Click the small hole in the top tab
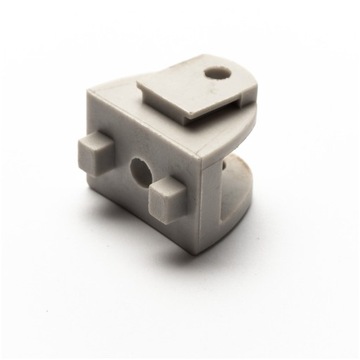coord(217,73)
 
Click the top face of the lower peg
coord(165,185)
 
